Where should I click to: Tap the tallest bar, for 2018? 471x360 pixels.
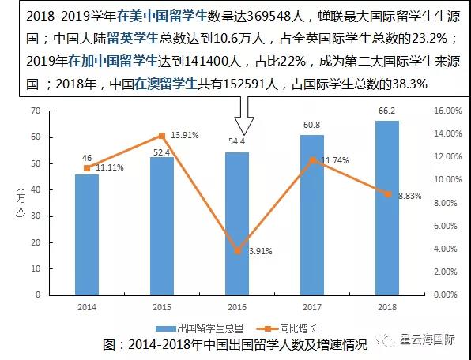pyautogui.click(x=387, y=208)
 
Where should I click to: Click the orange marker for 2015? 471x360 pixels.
pyautogui.click(x=162, y=136)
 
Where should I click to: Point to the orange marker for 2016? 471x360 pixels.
pyautogui.click(x=237, y=250)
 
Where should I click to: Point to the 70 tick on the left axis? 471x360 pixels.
pyautogui.click(x=36, y=112)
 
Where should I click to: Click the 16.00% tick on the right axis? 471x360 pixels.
pyautogui.click(x=446, y=112)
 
